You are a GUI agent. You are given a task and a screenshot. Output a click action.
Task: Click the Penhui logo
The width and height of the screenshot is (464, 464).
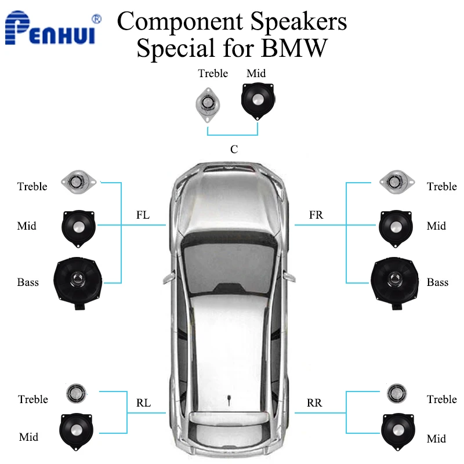[50, 27]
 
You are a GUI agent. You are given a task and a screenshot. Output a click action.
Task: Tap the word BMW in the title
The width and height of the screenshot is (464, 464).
[294, 48]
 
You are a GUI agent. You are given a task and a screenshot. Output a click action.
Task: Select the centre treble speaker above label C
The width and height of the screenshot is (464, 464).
[208, 104]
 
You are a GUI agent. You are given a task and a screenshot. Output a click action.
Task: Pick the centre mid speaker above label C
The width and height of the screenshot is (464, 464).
[258, 101]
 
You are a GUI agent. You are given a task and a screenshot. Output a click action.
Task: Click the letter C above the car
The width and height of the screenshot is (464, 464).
[234, 150]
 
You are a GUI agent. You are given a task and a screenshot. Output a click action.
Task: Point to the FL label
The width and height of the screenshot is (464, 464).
[143, 215]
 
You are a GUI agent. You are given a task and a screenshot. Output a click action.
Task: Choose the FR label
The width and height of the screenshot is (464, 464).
[316, 215]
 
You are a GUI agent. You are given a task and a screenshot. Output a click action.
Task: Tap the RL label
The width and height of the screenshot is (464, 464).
[143, 403]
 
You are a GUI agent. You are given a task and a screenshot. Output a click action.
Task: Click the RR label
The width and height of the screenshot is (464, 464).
[314, 403]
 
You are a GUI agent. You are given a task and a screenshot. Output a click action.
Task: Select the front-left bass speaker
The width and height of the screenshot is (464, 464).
[78, 282]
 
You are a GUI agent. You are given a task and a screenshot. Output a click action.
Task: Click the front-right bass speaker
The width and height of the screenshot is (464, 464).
[394, 282]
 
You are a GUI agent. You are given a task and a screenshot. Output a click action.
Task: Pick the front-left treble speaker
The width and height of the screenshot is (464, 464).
[79, 182]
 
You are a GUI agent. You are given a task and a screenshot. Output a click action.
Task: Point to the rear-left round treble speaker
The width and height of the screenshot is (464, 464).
[76, 394]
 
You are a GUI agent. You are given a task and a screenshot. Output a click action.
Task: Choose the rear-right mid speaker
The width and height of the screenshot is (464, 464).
[397, 432]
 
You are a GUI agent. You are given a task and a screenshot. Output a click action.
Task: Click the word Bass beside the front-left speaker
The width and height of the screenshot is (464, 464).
[28, 282]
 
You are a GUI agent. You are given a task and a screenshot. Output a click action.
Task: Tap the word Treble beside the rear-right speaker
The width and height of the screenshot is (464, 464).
[441, 400]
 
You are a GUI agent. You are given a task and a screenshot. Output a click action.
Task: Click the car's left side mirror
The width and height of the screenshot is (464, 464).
[169, 278]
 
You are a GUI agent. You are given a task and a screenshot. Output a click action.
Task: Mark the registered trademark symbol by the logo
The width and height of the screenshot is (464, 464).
[96, 19]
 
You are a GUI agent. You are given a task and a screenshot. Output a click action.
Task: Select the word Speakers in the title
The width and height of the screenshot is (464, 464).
[299, 22]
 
